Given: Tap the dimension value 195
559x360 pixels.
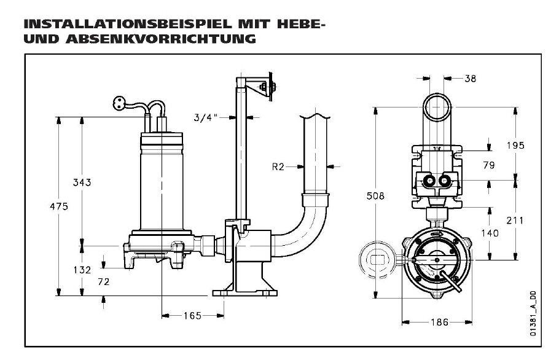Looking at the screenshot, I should point(515,145).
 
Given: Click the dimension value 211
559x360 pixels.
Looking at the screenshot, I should point(515,220).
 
